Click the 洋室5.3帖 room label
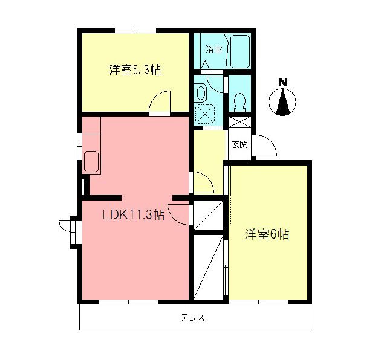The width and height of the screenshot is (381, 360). click(134, 69)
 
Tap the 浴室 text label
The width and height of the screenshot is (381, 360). click(213, 50)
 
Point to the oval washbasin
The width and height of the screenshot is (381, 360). click(202, 92)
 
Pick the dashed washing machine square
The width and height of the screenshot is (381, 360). click(209, 114)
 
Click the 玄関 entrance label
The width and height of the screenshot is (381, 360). click(239, 144)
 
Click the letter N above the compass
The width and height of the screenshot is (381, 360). click(282, 82)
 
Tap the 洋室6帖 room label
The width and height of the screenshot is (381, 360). click(266, 234)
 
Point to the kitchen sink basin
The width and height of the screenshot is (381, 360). click(93, 162)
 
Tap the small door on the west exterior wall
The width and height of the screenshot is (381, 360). click(71, 232)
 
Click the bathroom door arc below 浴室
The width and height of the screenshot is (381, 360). click(213, 81)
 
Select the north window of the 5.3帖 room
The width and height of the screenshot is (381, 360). click(134, 29)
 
